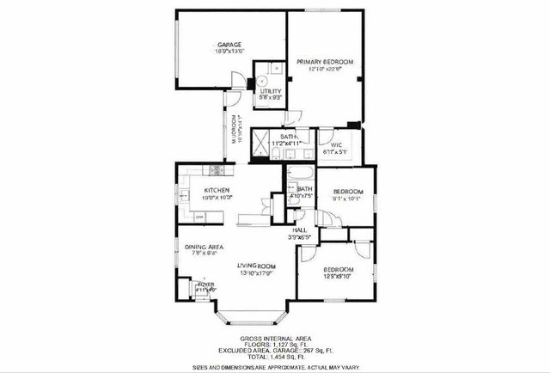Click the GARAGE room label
229,44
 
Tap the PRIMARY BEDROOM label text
326,62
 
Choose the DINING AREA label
204,247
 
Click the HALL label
299,229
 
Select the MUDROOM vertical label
233,134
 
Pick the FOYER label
205,283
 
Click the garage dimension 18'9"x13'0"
229,52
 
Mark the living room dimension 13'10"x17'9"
256,273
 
